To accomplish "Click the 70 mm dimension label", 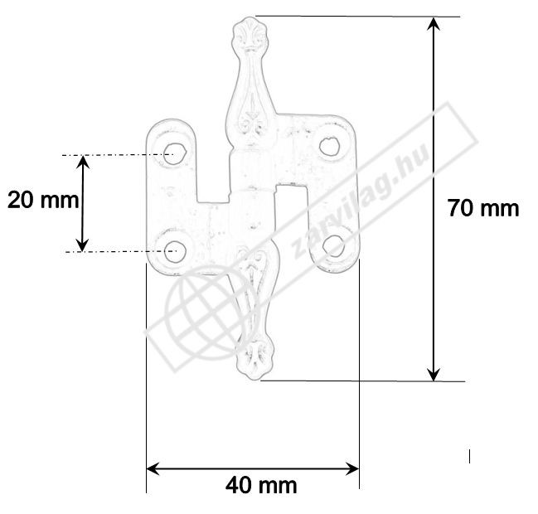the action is tap(483, 208).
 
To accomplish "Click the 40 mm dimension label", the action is tap(261, 486).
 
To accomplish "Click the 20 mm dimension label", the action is tap(43, 200).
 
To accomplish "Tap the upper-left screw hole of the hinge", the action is tap(175, 153).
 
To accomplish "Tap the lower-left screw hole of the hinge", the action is tap(175, 252).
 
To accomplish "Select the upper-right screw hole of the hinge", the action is tap(329, 146).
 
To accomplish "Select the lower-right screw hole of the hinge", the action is tap(334, 245).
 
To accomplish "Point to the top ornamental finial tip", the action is tap(250, 17).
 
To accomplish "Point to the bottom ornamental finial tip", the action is tap(254, 379).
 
